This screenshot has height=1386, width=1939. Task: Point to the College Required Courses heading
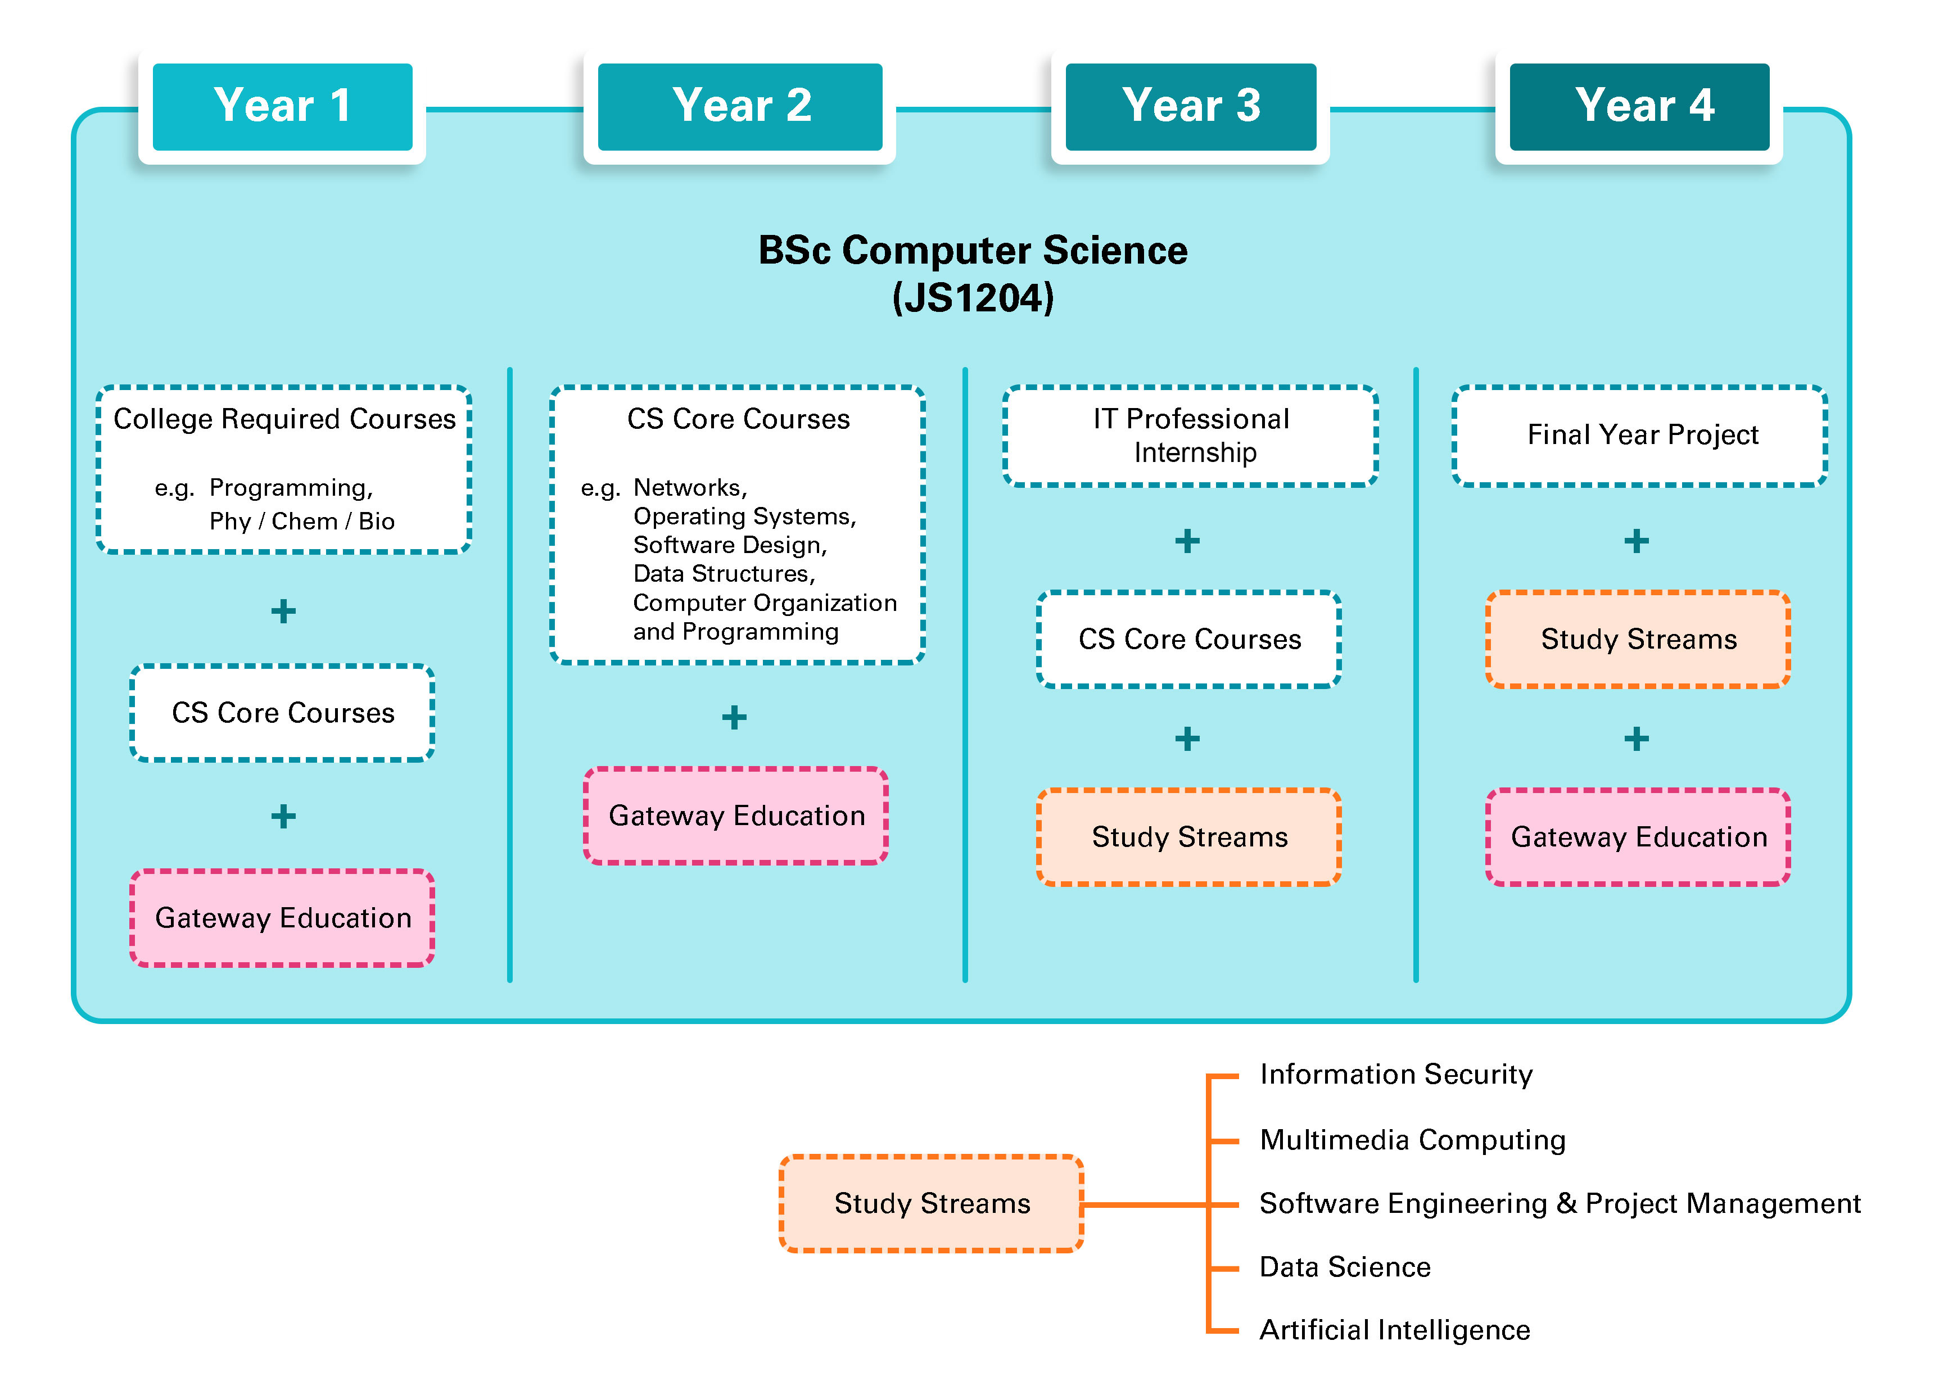[284, 419]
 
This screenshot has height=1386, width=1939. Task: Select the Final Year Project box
[1639, 435]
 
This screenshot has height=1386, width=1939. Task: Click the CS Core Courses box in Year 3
[1189, 638]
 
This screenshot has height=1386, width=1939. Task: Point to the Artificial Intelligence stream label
[1394, 1330]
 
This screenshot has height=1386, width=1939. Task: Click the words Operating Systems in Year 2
[743, 517]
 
